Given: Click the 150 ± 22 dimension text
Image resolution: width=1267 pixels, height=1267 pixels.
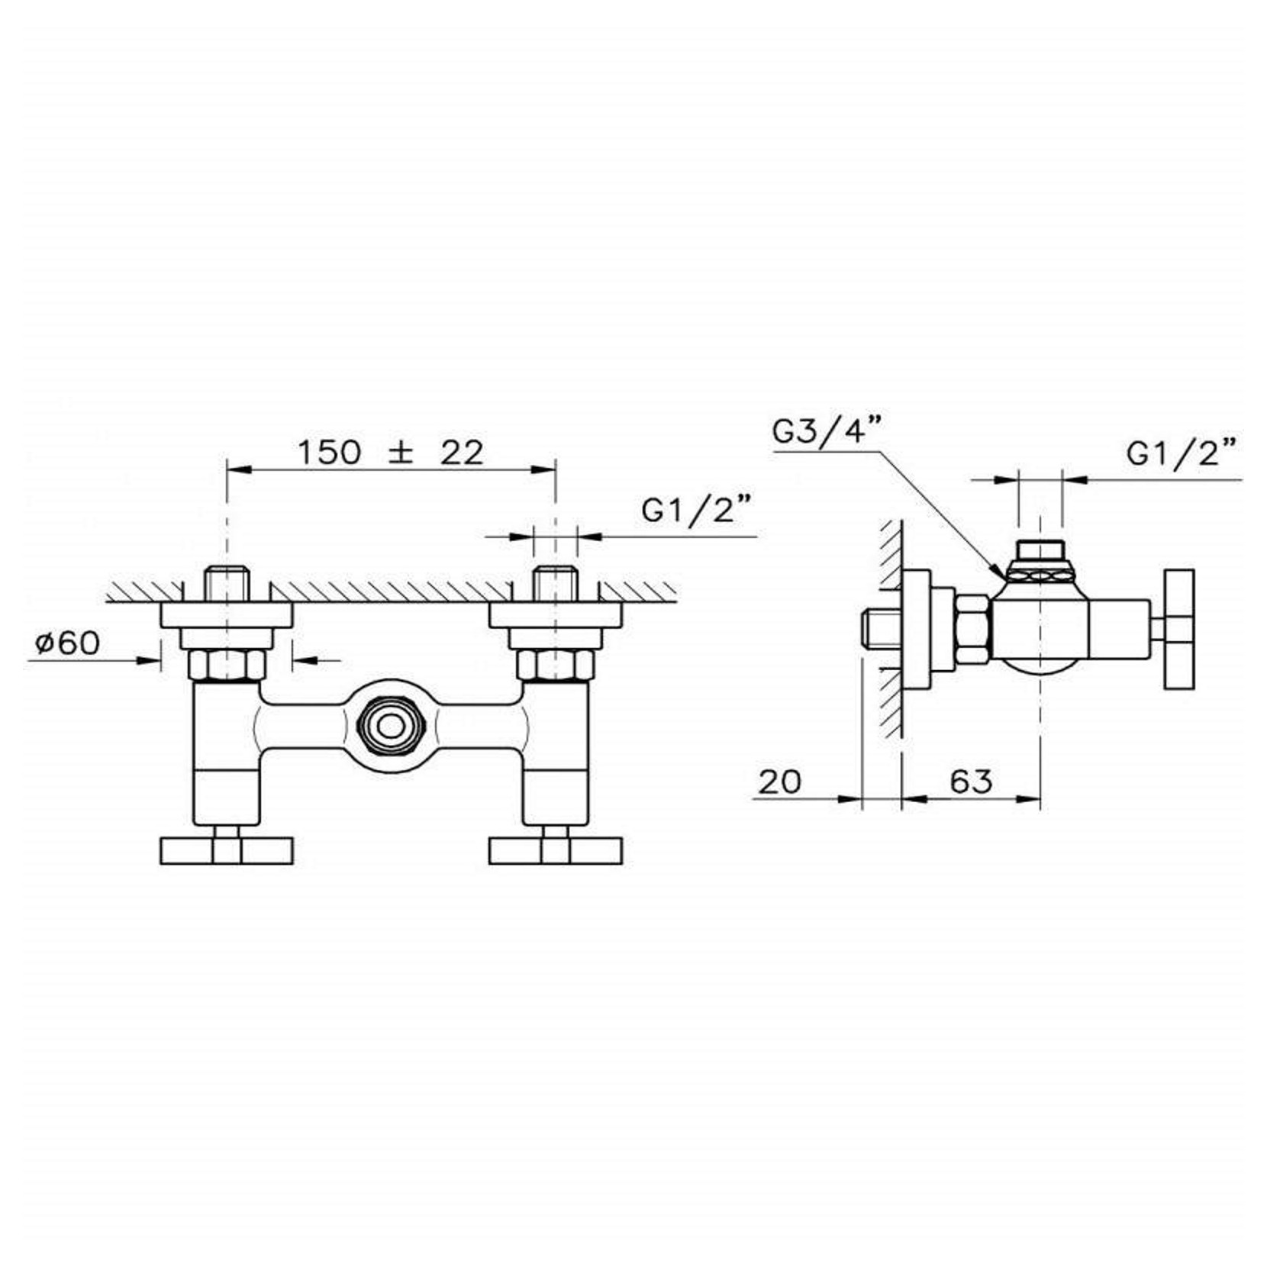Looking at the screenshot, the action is click(x=390, y=453).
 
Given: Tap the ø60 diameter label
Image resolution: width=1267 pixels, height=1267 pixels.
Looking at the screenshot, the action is click(x=67, y=643).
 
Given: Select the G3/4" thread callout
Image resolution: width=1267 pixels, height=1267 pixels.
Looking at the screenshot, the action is click(x=827, y=433).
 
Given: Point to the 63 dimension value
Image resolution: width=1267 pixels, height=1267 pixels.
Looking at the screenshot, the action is click(x=972, y=781).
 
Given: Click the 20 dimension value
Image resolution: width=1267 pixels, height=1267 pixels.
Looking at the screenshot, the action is click(x=780, y=781).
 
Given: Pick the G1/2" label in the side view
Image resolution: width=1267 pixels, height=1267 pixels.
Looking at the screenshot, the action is click(x=1182, y=453).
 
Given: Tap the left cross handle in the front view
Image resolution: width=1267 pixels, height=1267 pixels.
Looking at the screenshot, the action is click(x=227, y=851).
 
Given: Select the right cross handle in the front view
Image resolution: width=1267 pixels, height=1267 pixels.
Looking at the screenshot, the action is click(x=556, y=851).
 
